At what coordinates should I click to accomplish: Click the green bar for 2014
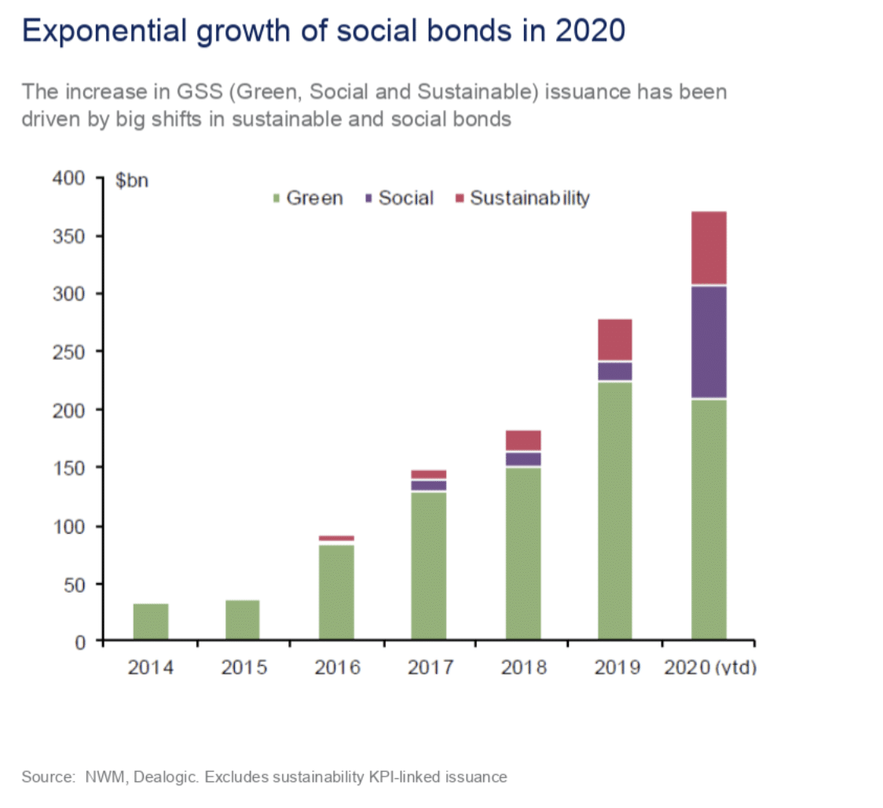pyautogui.click(x=151, y=622)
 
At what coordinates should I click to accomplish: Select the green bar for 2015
pyautogui.click(x=243, y=620)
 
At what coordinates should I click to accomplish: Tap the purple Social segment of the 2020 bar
pyautogui.click(x=709, y=342)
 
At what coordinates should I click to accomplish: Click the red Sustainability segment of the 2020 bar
pyautogui.click(x=709, y=247)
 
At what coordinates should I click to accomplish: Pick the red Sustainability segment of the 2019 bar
pyautogui.click(x=615, y=339)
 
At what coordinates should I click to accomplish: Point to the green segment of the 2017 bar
pyautogui.click(x=429, y=566)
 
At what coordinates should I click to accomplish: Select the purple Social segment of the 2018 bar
pyautogui.click(x=523, y=458)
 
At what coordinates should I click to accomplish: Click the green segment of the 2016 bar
pyautogui.click(x=336, y=593)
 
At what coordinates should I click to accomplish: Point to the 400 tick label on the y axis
pyautogui.click(x=70, y=178)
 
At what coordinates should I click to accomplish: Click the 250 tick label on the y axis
pyautogui.click(x=70, y=351)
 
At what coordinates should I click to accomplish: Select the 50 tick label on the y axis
pyautogui.click(x=75, y=584)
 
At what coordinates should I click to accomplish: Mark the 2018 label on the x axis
pyautogui.click(x=523, y=668)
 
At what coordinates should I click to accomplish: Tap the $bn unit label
pyautogui.click(x=132, y=181)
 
